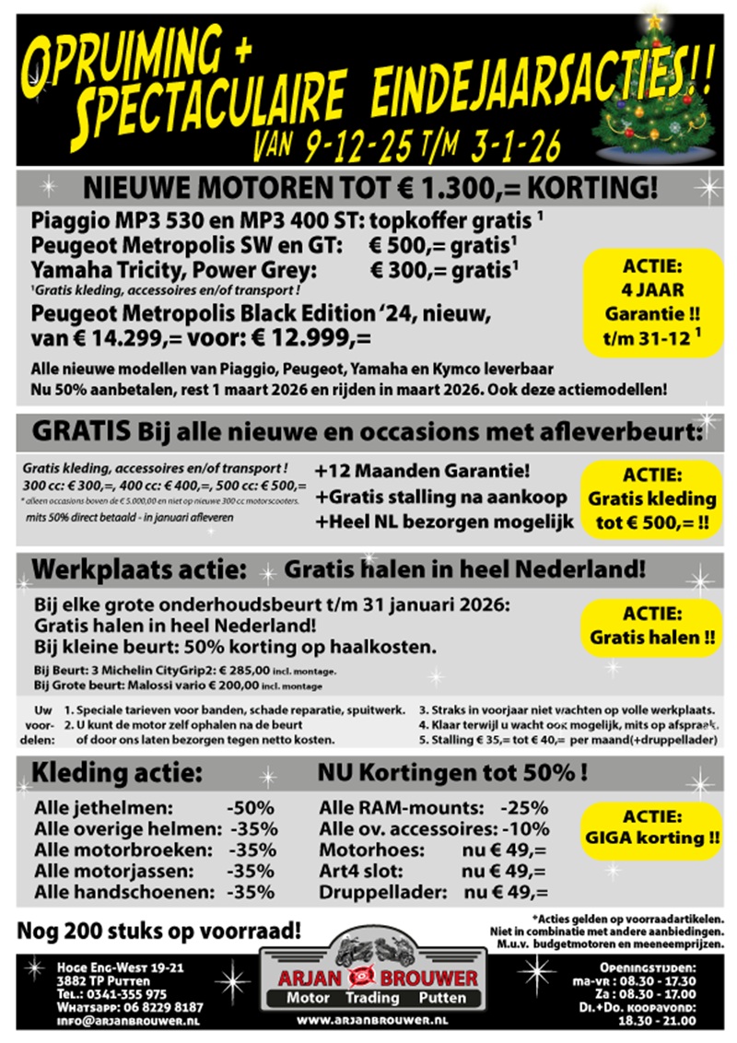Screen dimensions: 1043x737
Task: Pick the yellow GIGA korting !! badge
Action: pyautogui.click(x=652, y=828)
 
